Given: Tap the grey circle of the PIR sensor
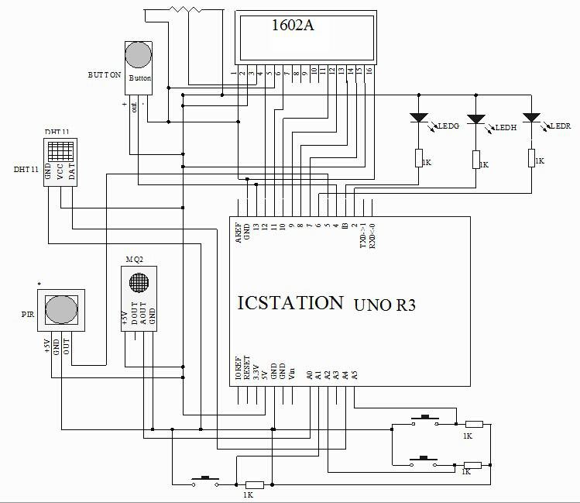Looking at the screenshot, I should click(x=61, y=309).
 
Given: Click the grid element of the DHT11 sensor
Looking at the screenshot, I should click(x=60, y=150).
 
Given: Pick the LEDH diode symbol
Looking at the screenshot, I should click(x=476, y=120).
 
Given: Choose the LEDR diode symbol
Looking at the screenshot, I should click(x=531, y=119).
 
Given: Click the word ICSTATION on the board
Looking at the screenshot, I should click(x=290, y=302).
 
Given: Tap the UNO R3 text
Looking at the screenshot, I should click(x=385, y=305).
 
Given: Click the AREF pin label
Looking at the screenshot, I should click(x=239, y=233).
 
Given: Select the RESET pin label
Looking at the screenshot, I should click(x=248, y=367).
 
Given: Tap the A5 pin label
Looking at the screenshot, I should click(x=355, y=374).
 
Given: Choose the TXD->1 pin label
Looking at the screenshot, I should click(x=363, y=233).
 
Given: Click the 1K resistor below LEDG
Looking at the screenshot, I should click(x=418, y=157).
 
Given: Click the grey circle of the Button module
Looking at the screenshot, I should click(x=139, y=55).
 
